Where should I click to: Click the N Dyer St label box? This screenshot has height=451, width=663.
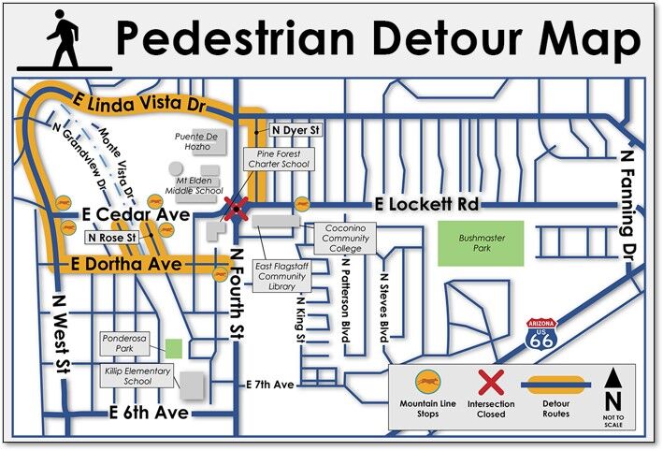[x=295, y=132]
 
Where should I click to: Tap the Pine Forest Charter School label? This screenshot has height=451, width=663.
[x=278, y=157]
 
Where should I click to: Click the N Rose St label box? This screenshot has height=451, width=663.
[x=111, y=239]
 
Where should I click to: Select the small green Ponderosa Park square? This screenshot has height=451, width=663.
[x=173, y=347]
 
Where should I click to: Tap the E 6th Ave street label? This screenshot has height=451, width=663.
[x=150, y=413]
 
